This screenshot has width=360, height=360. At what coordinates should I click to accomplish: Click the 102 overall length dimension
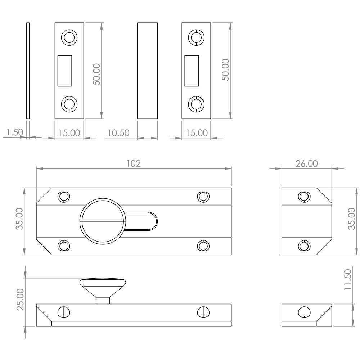tap(134, 163)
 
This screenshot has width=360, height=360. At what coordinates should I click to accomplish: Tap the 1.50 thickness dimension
tap(15, 132)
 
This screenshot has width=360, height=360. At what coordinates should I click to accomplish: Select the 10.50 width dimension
tap(118, 133)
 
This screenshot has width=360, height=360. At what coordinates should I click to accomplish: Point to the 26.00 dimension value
tap(306, 164)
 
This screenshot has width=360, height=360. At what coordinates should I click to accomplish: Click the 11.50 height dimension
tap(348, 279)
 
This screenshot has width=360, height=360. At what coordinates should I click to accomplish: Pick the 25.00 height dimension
tap(20, 300)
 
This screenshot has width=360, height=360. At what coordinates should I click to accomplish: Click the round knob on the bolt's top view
tap(103, 221)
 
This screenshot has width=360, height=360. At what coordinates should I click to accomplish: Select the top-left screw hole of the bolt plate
tap(63, 197)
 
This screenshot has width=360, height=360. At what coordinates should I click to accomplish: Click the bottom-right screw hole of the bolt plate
tap(203, 246)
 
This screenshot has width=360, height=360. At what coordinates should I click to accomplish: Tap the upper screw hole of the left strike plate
tap(69, 37)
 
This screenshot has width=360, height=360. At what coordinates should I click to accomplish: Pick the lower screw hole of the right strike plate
tap(196, 104)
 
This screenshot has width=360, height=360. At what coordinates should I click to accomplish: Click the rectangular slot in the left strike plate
tap(64, 71)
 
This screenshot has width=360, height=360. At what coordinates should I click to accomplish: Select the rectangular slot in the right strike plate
tap(192, 71)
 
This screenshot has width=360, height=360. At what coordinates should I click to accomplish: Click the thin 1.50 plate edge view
tap(28, 71)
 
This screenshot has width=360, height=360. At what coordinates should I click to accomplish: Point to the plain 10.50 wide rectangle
tap(147, 71)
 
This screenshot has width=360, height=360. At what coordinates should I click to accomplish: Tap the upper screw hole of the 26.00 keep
tap(304, 197)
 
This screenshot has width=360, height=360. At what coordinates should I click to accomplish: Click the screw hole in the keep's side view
tap(304, 312)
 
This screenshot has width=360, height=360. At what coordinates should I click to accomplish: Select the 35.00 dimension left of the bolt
tap(19, 219)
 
